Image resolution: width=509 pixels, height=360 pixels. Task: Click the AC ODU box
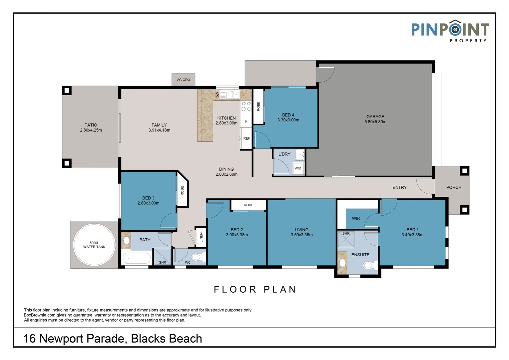tap(184, 80)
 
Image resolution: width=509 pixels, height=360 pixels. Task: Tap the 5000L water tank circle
tap(94, 245)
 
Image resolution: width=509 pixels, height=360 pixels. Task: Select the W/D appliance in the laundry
tap(298, 168)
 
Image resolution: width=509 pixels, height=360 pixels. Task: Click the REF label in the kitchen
tap(247, 138)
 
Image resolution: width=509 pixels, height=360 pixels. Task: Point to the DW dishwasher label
tap(218, 95)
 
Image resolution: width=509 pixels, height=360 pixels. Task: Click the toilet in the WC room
tap(197, 257)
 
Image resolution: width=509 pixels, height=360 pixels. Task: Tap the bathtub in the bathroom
tap(137, 258)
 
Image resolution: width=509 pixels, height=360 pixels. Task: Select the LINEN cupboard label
tap(201, 237)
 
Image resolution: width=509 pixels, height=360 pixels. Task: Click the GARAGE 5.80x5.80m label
tap(375, 119)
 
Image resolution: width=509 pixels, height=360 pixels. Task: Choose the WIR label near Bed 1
tap(356, 218)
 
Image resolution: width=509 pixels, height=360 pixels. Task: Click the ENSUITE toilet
tap(369, 265)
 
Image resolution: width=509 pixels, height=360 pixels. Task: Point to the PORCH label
tap(454, 187)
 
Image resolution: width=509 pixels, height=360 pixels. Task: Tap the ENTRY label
tap(399, 187)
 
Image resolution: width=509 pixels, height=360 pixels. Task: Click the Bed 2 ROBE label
tap(249, 205)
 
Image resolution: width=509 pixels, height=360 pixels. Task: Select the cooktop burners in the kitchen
tap(246, 106)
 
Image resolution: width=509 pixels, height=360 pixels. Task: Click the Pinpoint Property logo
tap(450, 31)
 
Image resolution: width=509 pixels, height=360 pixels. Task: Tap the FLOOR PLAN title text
tap(255, 289)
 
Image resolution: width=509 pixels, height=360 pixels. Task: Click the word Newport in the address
tap(62, 339)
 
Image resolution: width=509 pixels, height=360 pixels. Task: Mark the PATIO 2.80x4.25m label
tap(91, 128)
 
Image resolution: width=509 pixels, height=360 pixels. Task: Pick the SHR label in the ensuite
tap(346, 233)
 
